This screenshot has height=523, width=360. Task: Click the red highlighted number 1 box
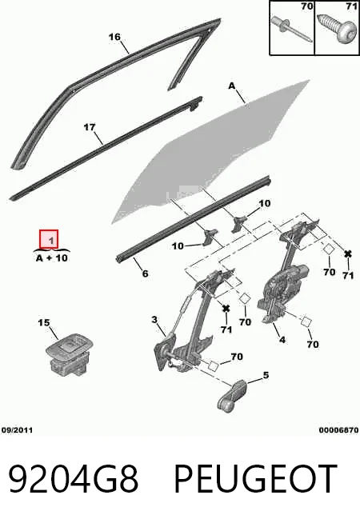(x=49, y=239)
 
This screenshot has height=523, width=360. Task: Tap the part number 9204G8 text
(x=73, y=479)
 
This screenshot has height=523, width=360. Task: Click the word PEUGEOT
(x=255, y=479)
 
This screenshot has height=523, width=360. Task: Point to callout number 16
(x=114, y=36)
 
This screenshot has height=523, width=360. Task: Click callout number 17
(x=89, y=127)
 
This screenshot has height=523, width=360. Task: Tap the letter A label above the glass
(x=232, y=86)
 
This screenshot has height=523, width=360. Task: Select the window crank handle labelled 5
(x=232, y=395)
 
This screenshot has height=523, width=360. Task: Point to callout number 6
(x=145, y=273)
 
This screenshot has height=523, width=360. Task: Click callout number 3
(x=154, y=320)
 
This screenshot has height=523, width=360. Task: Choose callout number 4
(x=282, y=340)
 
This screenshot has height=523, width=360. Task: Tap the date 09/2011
(x=17, y=430)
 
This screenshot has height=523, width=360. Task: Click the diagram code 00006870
(x=338, y=430)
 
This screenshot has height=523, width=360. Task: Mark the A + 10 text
(x=52, y=258)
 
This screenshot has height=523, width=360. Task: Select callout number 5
(x=266, y=375)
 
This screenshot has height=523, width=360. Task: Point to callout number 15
(x=44, y=323)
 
